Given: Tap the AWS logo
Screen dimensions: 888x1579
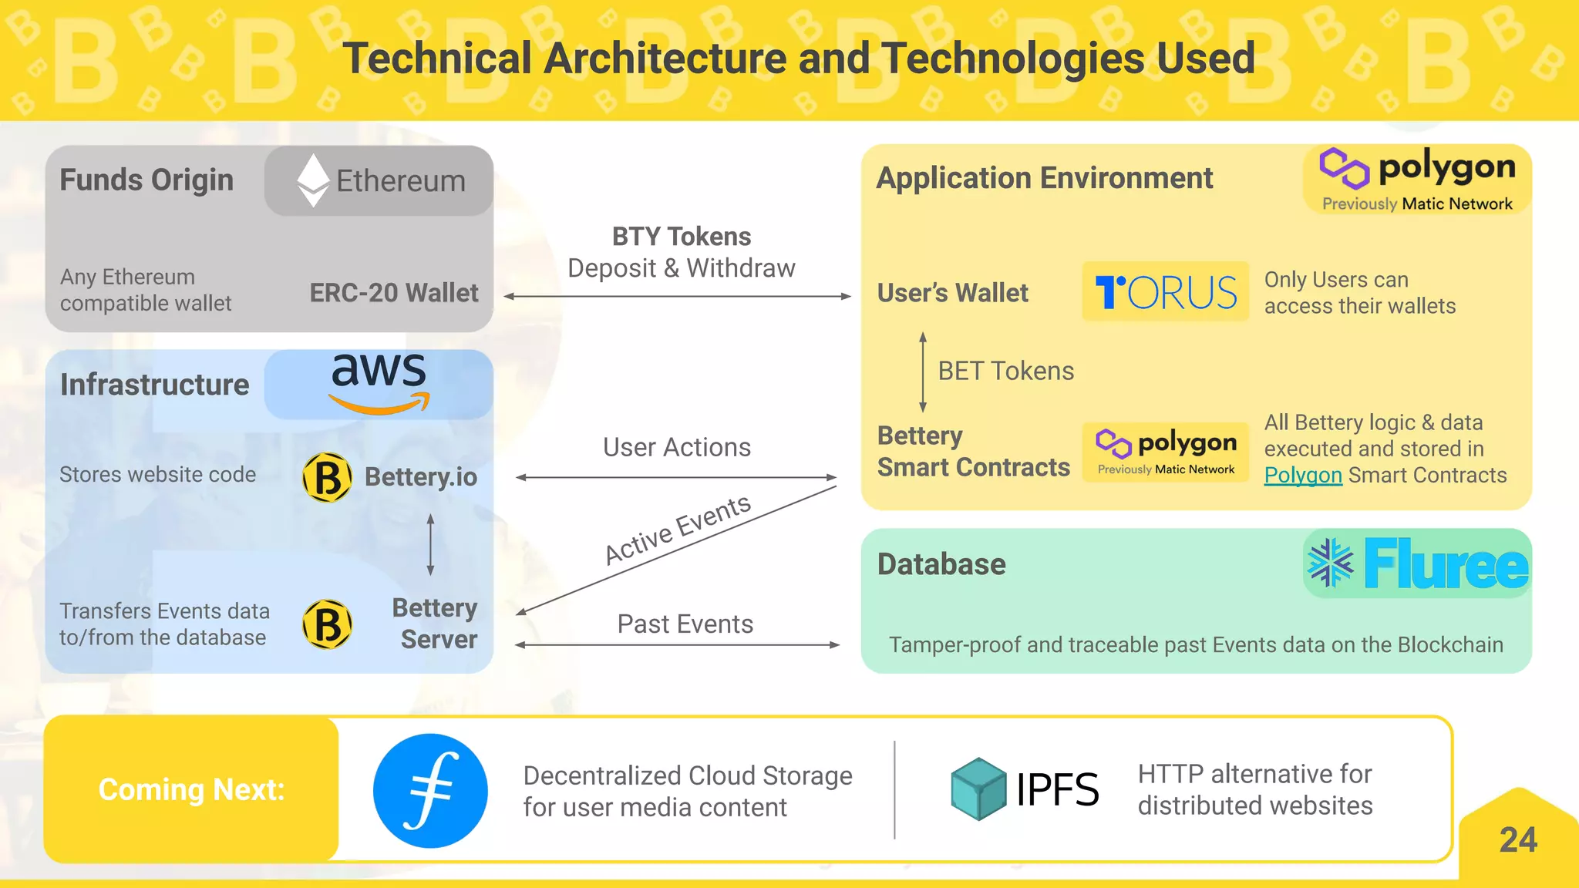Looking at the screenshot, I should (x=379, y=382).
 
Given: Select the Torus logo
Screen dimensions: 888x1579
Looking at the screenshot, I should (x=1165, y=292).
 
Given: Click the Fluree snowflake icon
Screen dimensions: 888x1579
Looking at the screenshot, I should (x=1330, y=563).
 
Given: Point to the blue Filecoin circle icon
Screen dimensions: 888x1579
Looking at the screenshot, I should (x=430, y=790).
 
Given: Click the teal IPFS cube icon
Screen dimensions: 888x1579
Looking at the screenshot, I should (x=978, y=789).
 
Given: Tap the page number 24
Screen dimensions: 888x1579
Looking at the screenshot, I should (x=1517, y=839).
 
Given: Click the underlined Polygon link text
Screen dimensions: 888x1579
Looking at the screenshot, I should (x=1303, y=475).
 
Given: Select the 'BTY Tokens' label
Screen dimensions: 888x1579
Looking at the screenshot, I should (x=682, y=237).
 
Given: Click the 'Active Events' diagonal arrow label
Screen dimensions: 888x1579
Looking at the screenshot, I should (x=677, y=530).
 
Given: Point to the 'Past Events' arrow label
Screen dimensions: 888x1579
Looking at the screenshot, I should (x=685, y=624).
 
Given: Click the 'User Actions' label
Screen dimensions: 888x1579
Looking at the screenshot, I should (x=676, y=447).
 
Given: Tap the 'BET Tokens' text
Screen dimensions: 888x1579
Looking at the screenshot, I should (x=1005, y=371).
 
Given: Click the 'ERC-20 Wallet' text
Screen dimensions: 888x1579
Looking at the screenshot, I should (x=393, y=293).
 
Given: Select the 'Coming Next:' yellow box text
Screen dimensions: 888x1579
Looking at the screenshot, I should (x=191, y=789).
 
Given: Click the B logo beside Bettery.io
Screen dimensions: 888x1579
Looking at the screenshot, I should (x=328, y=477).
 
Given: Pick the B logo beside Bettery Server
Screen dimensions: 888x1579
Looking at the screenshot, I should (x=328, y=624).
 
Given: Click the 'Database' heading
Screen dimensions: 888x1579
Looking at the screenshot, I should (x=941, y=564).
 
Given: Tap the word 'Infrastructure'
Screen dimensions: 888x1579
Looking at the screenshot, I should (x=154, y=384).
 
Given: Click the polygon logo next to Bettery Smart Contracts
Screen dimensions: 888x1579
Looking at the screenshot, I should (x=1165, y=452).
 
